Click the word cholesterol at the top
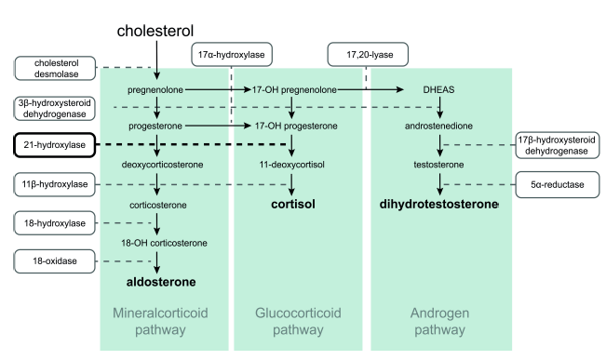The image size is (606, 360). (x=155, y=31)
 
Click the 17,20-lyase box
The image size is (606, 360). (x=365, y=56)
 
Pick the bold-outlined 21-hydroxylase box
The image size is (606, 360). (x=56, y=145)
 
